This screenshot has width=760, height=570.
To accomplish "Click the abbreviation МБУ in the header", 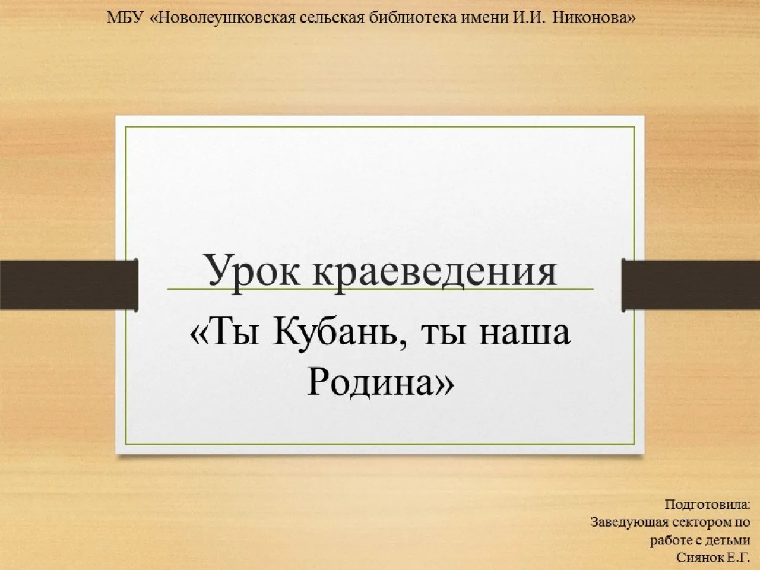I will (x=125, y=18).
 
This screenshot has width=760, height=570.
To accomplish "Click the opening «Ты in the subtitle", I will (x=225, y=332).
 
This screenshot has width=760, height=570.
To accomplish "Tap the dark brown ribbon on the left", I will (x=68, y=284).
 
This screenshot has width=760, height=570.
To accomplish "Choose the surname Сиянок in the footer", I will (x=699, y=558).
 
